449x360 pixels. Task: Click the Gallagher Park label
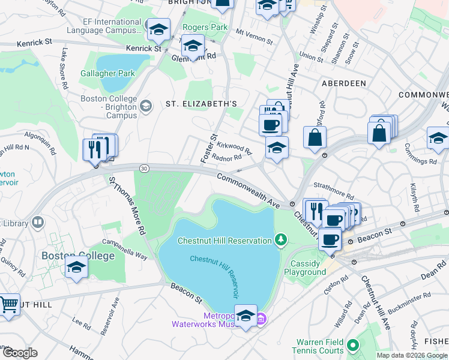tap(108, 73)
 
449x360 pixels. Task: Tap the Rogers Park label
tap(205, 27)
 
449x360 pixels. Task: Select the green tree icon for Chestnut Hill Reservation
tap(280, 241)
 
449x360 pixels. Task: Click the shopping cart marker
tap(9, 305)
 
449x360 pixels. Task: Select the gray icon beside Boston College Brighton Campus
tap(145, 107)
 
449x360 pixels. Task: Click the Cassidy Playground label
tap(309, 268)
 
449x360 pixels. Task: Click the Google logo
tap(20, 353)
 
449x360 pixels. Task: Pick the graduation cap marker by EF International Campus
tap(158, 29)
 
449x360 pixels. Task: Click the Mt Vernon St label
tap(254, 37)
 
